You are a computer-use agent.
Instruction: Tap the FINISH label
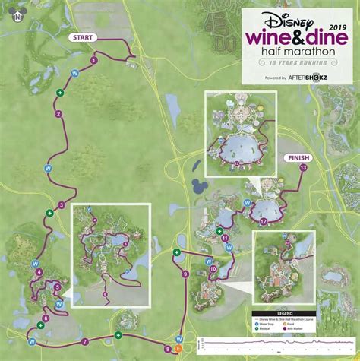(298, 157)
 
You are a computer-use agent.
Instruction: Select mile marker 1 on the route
(93, 59)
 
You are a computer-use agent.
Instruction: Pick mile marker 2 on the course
(58, 115)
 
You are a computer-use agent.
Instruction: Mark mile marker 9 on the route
(185, 274)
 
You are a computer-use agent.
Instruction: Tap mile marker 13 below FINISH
(304, 167)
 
